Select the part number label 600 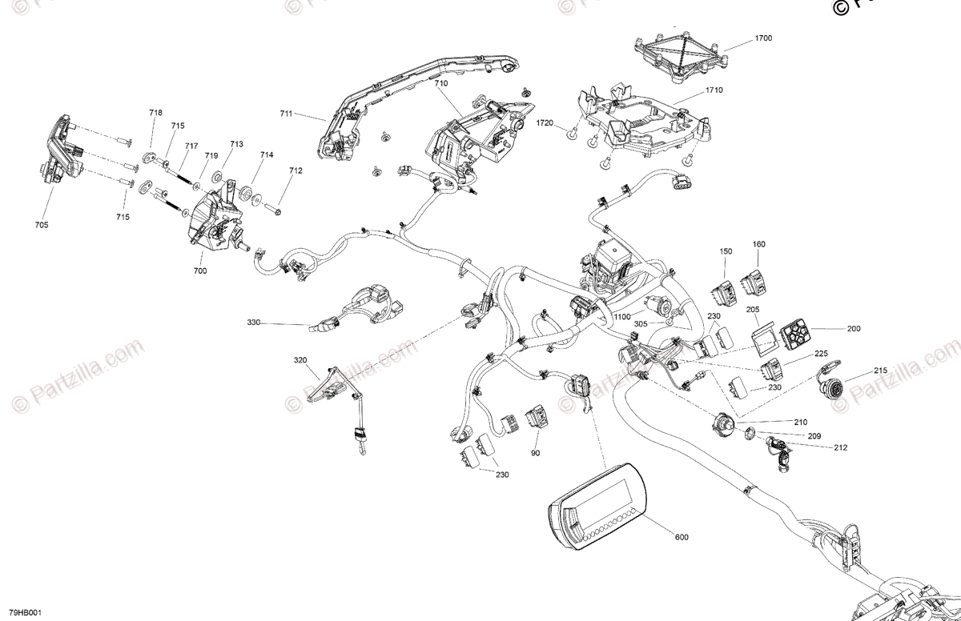[682, 537]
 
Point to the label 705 [42, 225]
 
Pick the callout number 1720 [545, 123]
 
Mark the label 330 [254, 323]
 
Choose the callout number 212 [840, 447]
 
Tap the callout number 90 [535, 453]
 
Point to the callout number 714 [267, 155]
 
